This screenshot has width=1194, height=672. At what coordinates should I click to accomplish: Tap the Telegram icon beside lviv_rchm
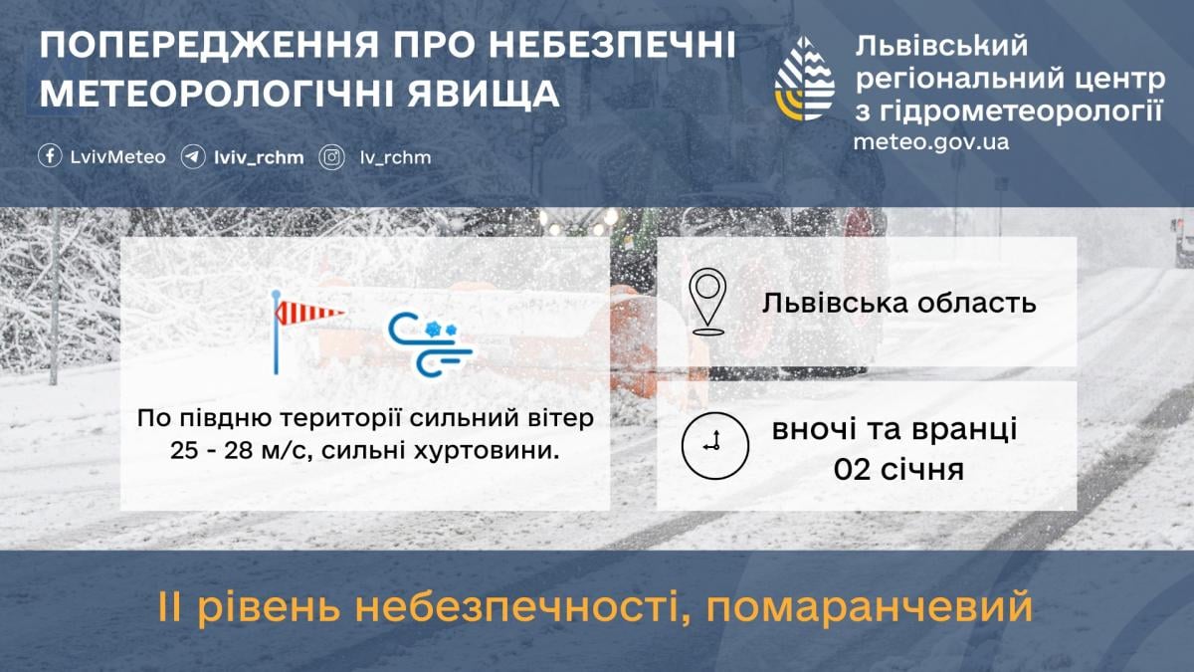click(x=193, y=156)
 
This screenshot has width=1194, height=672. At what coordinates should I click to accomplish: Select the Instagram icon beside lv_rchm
click(x=331, y=156)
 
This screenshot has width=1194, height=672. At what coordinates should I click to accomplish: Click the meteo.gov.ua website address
click(x=930, y=141)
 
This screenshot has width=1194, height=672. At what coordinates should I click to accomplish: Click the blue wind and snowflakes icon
click(x=430, y=344)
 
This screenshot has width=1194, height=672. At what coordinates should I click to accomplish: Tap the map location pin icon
click(x=707, y=301)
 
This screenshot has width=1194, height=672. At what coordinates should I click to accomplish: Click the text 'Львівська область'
click(x=899, y=302)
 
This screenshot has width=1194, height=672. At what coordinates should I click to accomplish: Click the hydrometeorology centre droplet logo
click(x=805, y=79)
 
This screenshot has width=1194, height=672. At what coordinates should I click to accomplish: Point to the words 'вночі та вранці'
click(x=895, y=431)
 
